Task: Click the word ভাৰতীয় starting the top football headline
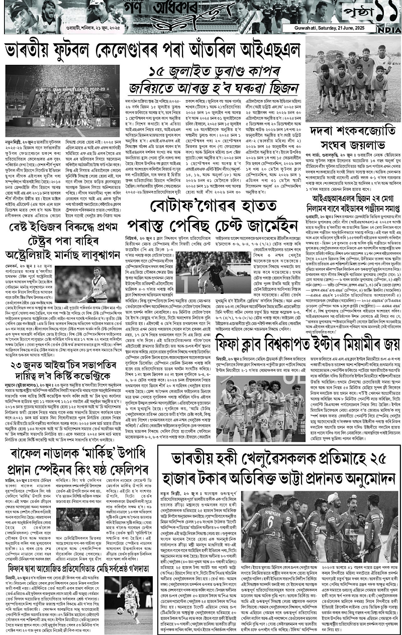38,52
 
